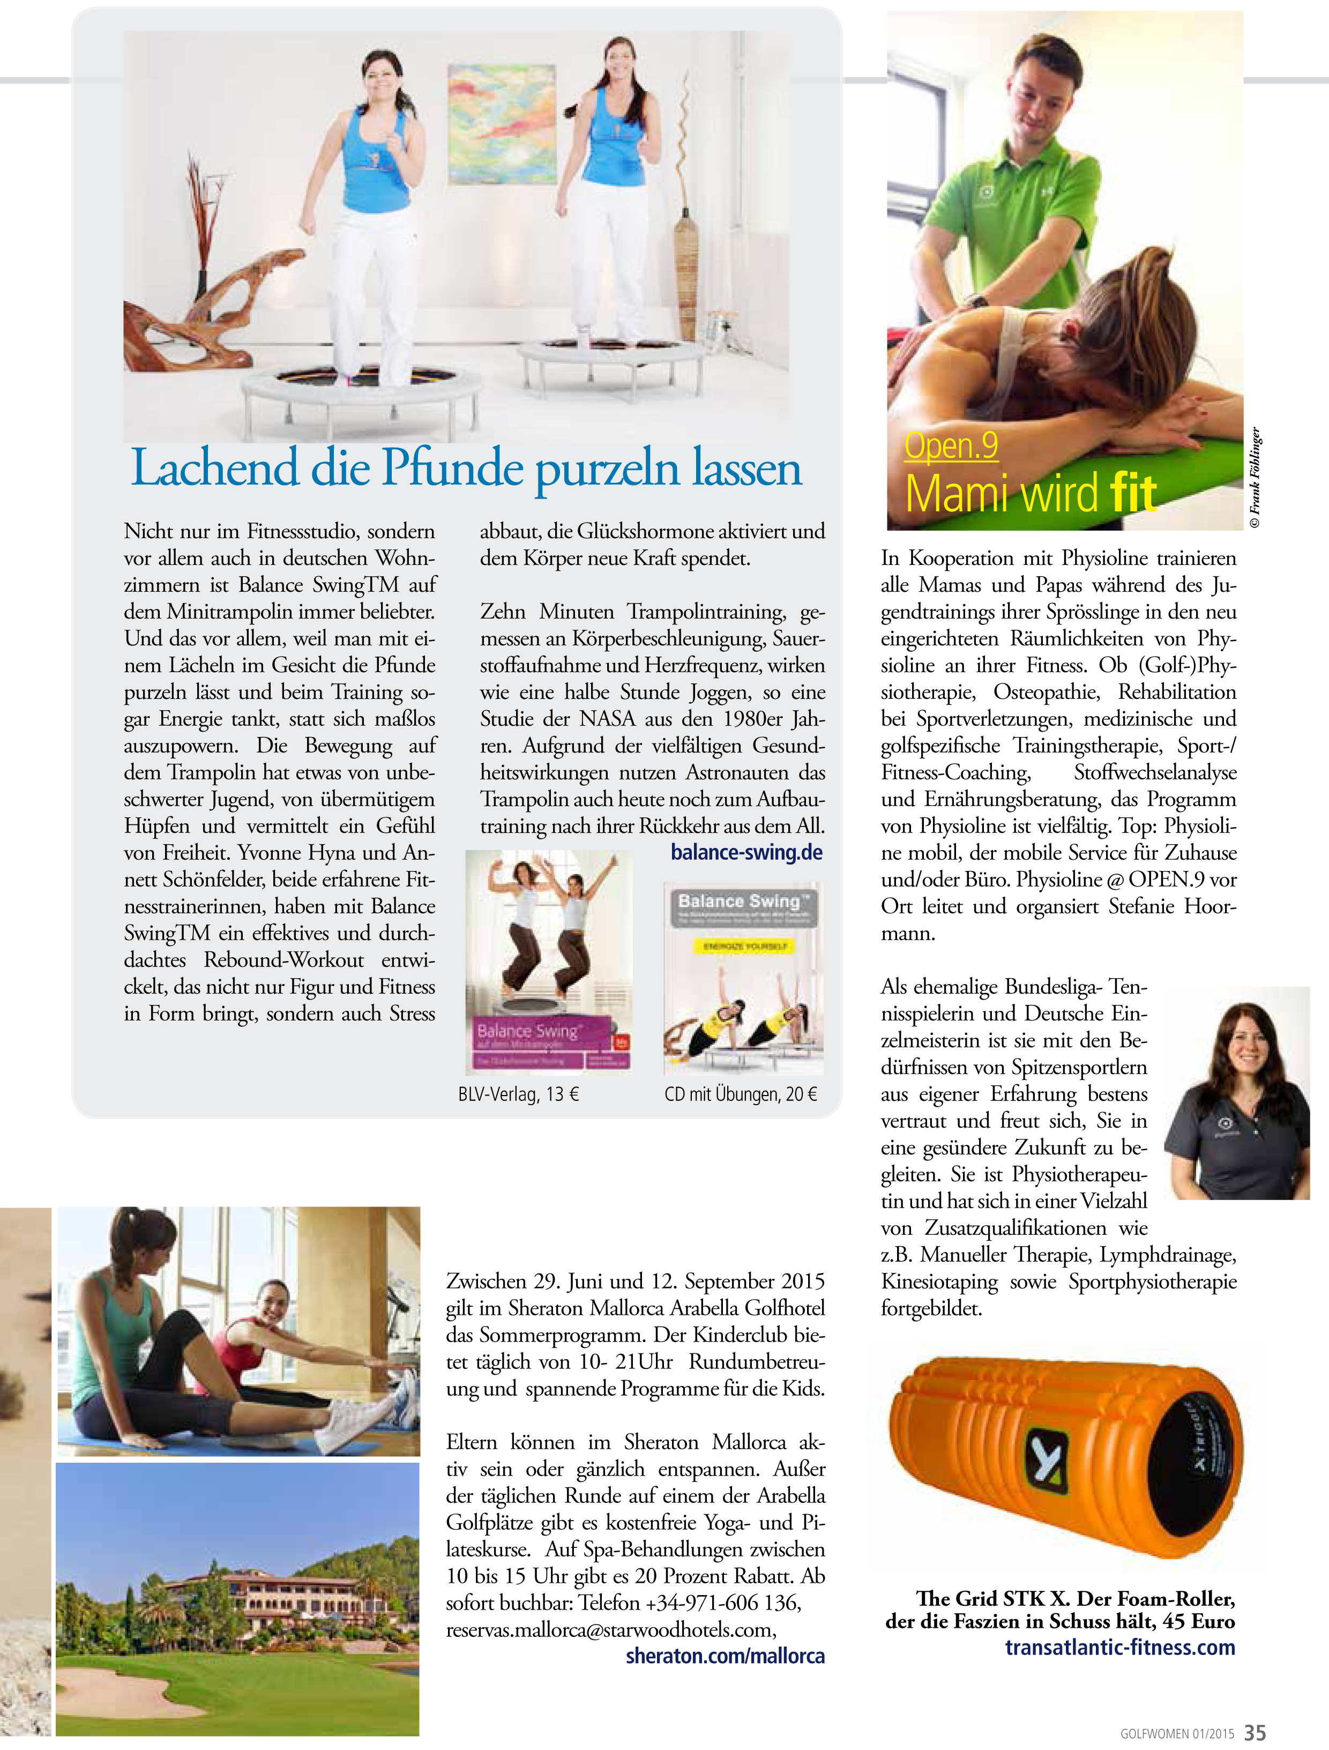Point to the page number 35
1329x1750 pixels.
click(1256, 1733)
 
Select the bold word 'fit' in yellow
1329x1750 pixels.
click(1133, 493)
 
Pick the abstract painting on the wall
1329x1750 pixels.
click(502, 124)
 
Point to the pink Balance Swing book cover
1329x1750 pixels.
click(548, 962)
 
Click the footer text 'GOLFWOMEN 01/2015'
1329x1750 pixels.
click(1176, 1733)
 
